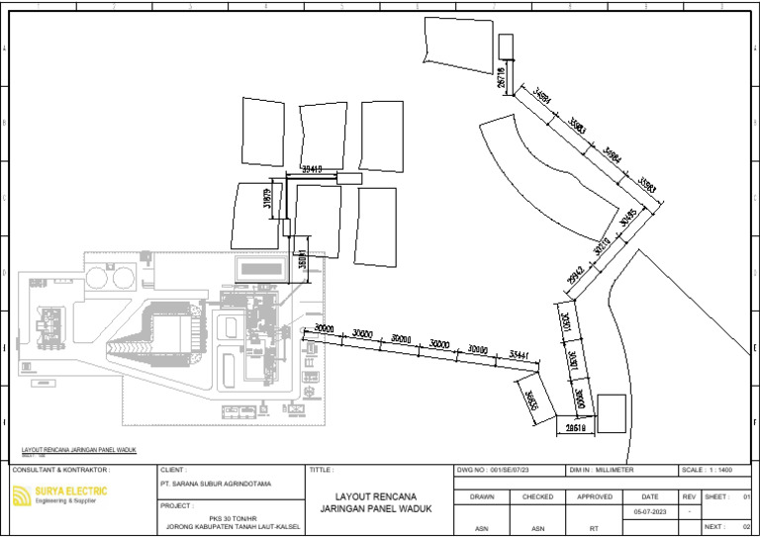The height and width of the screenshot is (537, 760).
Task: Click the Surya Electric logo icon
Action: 21,495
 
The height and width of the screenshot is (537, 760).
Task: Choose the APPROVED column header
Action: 595,496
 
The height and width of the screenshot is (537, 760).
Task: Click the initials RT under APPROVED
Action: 595,528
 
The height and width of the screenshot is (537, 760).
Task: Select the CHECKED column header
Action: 538,496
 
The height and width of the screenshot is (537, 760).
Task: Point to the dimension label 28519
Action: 576,428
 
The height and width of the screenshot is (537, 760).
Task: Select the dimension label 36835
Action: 530,401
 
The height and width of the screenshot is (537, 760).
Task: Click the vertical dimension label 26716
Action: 502,77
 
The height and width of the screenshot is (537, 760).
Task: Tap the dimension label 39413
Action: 311,170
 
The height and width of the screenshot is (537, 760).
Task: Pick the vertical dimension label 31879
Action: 266,199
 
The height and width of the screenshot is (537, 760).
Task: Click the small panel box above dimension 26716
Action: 507,46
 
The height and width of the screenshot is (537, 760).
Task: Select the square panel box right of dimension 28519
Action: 612,412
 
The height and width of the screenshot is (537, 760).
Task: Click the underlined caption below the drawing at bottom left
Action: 77,450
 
